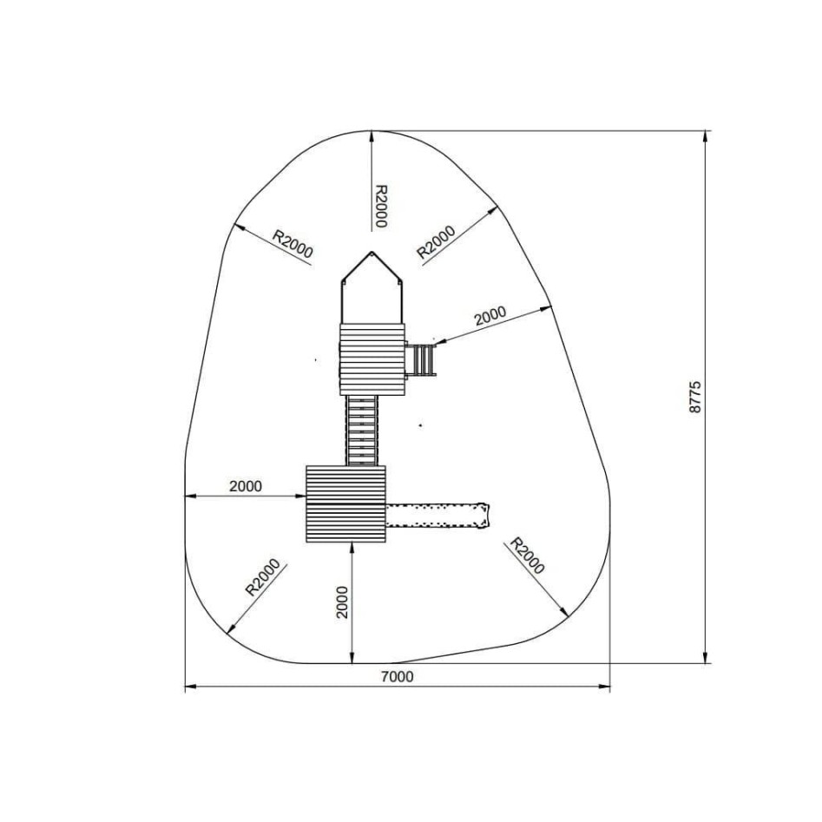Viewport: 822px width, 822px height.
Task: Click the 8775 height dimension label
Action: [x=694, y=398]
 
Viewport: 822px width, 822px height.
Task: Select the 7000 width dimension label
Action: [x=397, y=677]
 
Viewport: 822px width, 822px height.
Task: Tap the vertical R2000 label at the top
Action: [x=381, y=206]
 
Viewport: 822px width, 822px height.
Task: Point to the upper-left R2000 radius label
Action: [x=293, y=244]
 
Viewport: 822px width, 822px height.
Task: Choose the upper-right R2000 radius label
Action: [x=436, y=242]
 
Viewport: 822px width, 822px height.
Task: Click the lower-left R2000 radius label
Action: [x=263, y=578]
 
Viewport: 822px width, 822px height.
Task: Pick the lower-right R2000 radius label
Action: [x=528, y=556]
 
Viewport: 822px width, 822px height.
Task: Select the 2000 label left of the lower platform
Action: [x=246, y=486]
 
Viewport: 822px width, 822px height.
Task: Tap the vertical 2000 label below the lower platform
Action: [x=342, y=602]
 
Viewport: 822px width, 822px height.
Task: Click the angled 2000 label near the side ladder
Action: [x=490, y=316]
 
